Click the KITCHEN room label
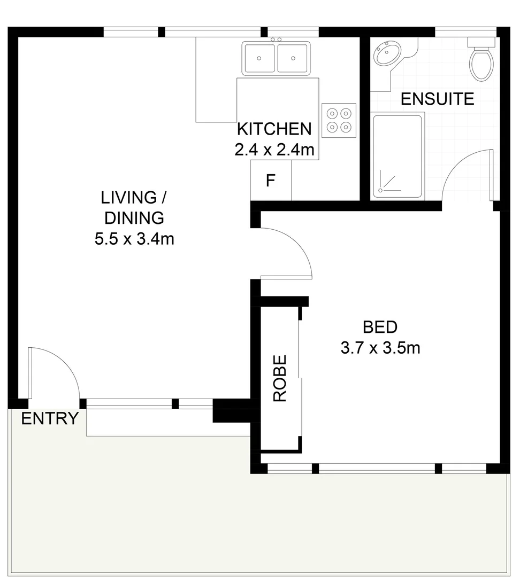(x=274, y=129)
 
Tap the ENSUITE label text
(x=437, y=99)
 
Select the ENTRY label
(x=50, y=418)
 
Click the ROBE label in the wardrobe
(x=280, y=378)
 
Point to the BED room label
(x=380, y=326)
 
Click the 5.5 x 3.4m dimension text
(x=134, y=238)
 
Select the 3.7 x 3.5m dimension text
(x=380, y=348)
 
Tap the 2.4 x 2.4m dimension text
(x=274, y=150)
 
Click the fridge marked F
(x=271, y=181)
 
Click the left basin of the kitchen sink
(x=259, y=58)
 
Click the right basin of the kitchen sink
(x=293, y=58)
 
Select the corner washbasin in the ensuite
(x=387, y=53)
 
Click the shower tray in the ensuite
(x=398, y=155)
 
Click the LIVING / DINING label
(x=134, y=207)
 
